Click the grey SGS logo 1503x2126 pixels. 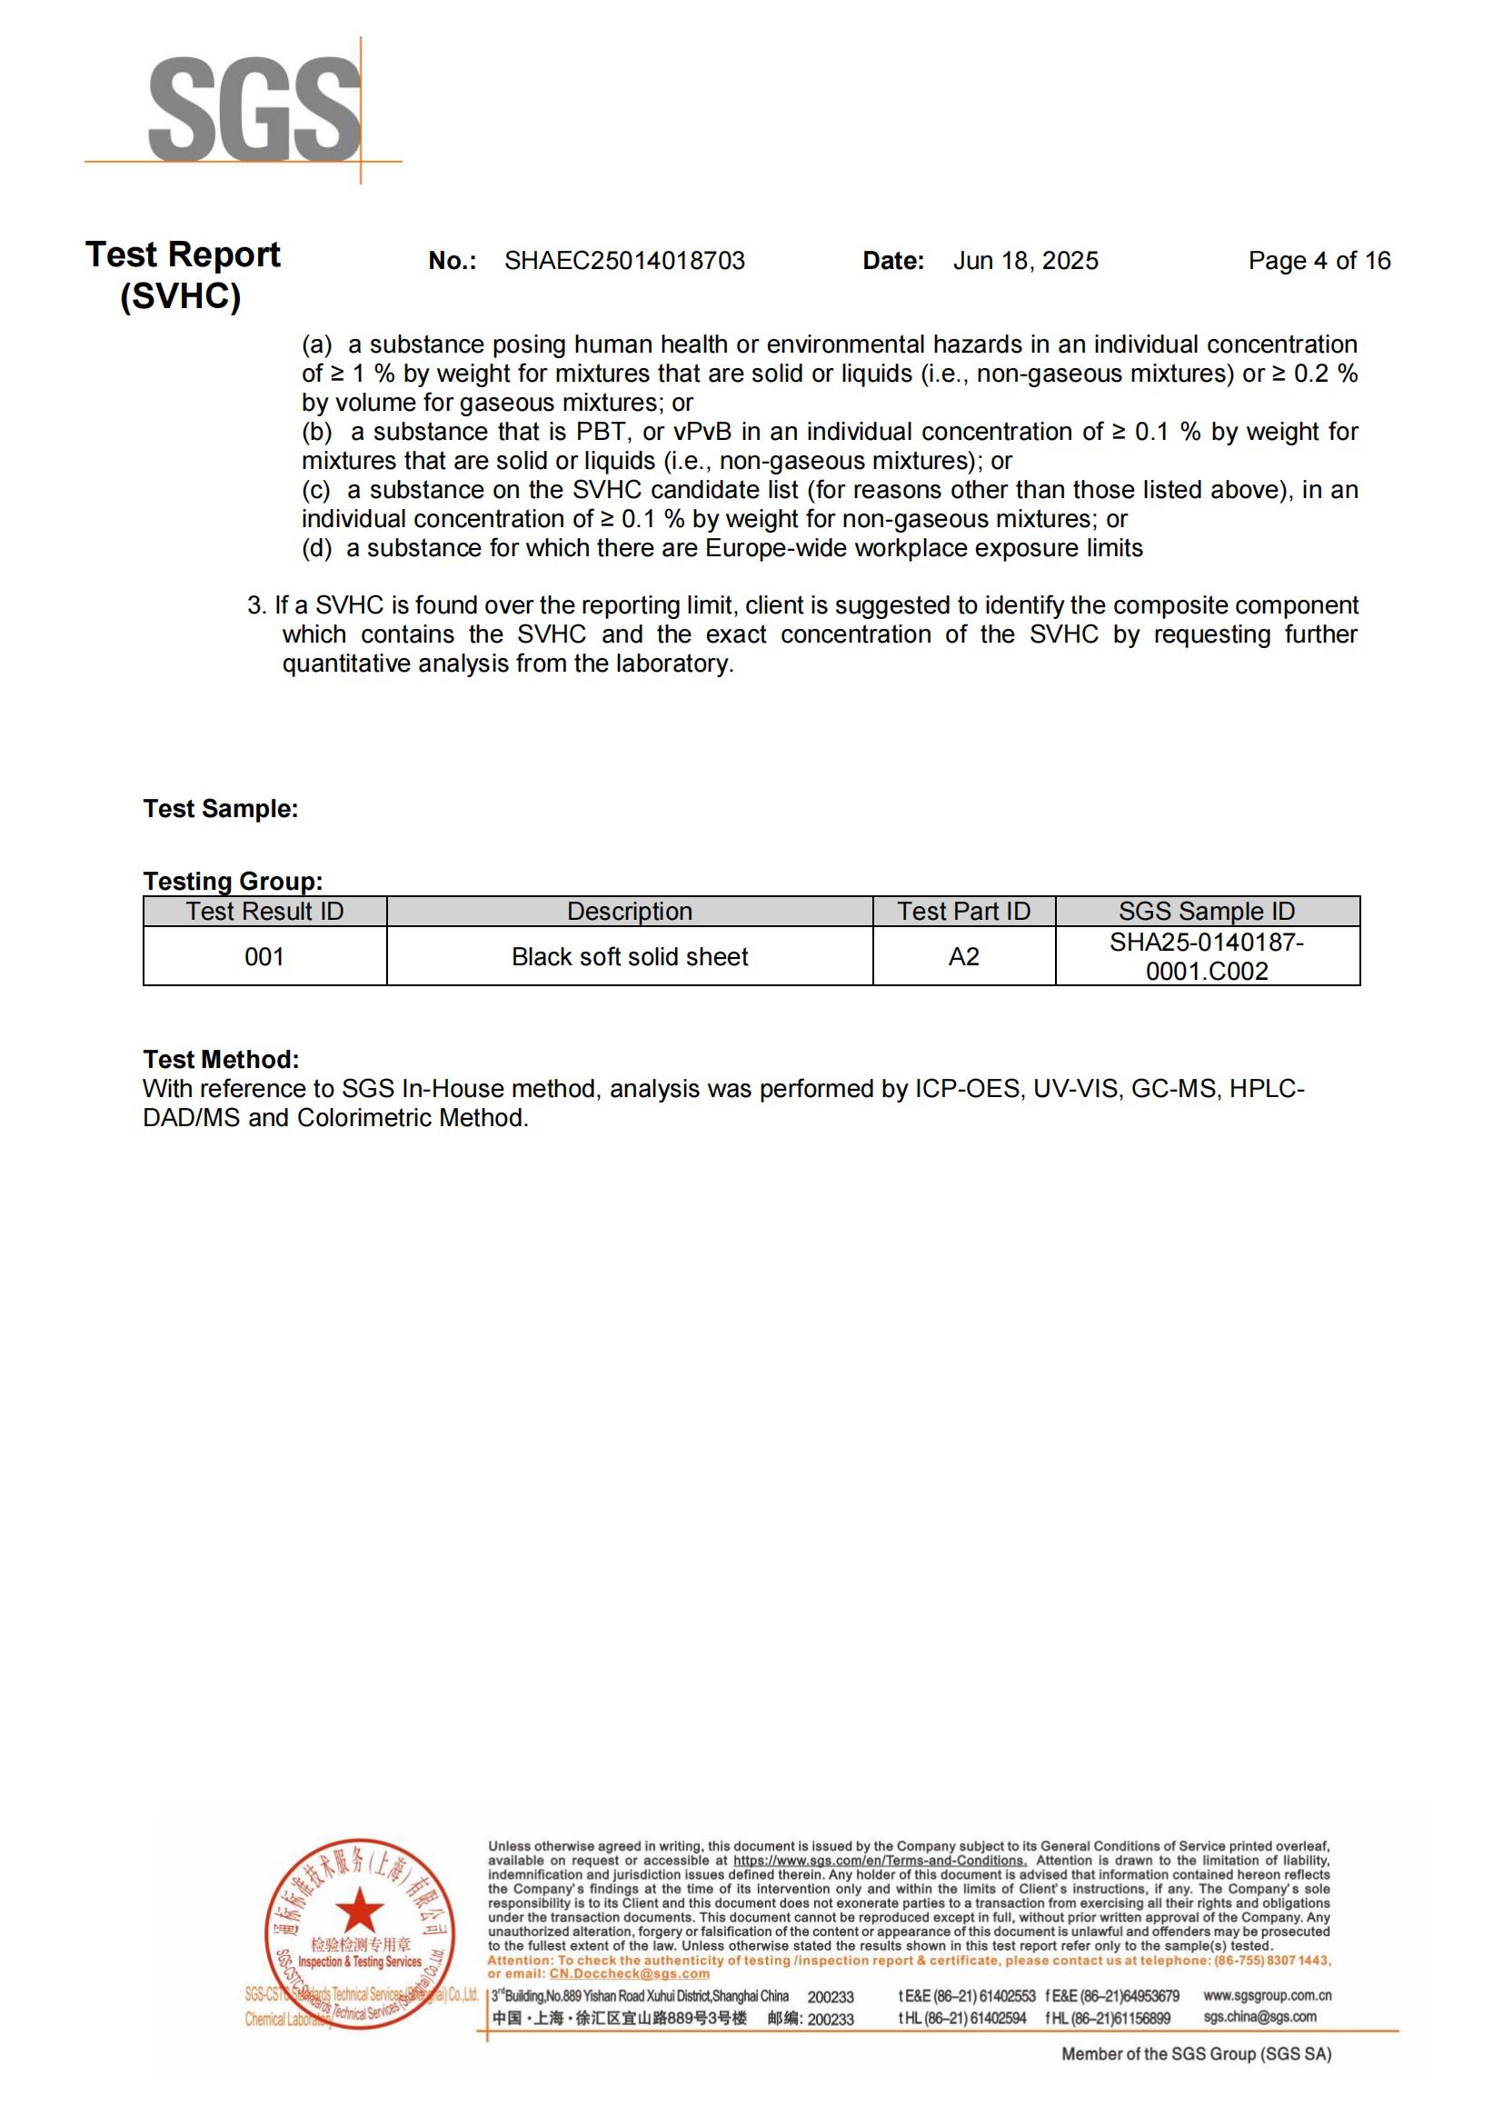(254, 109)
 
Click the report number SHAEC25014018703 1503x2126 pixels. (624, 261)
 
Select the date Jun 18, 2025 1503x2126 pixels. (1025, 261)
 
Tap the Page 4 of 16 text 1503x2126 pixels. (1319, 261)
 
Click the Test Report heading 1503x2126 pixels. (183, 255)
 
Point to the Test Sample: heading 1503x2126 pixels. (220, 808)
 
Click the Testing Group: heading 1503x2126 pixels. (233, 881)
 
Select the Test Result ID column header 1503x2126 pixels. (264, 911)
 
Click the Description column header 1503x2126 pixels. (630, 911)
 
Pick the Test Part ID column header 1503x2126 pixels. (963, 911)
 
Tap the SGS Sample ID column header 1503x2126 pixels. (1207, 911)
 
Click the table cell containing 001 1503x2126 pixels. (264, 956)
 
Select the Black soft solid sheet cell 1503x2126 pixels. (630, 956)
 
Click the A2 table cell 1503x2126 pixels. (963, 956)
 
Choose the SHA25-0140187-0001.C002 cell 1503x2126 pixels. (1207, 956)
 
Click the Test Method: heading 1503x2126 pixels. (220, 1059)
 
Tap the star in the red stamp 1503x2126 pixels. (359, 1911)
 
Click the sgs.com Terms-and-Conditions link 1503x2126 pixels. (880, 1861)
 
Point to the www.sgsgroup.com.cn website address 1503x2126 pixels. (1267, 1995)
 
